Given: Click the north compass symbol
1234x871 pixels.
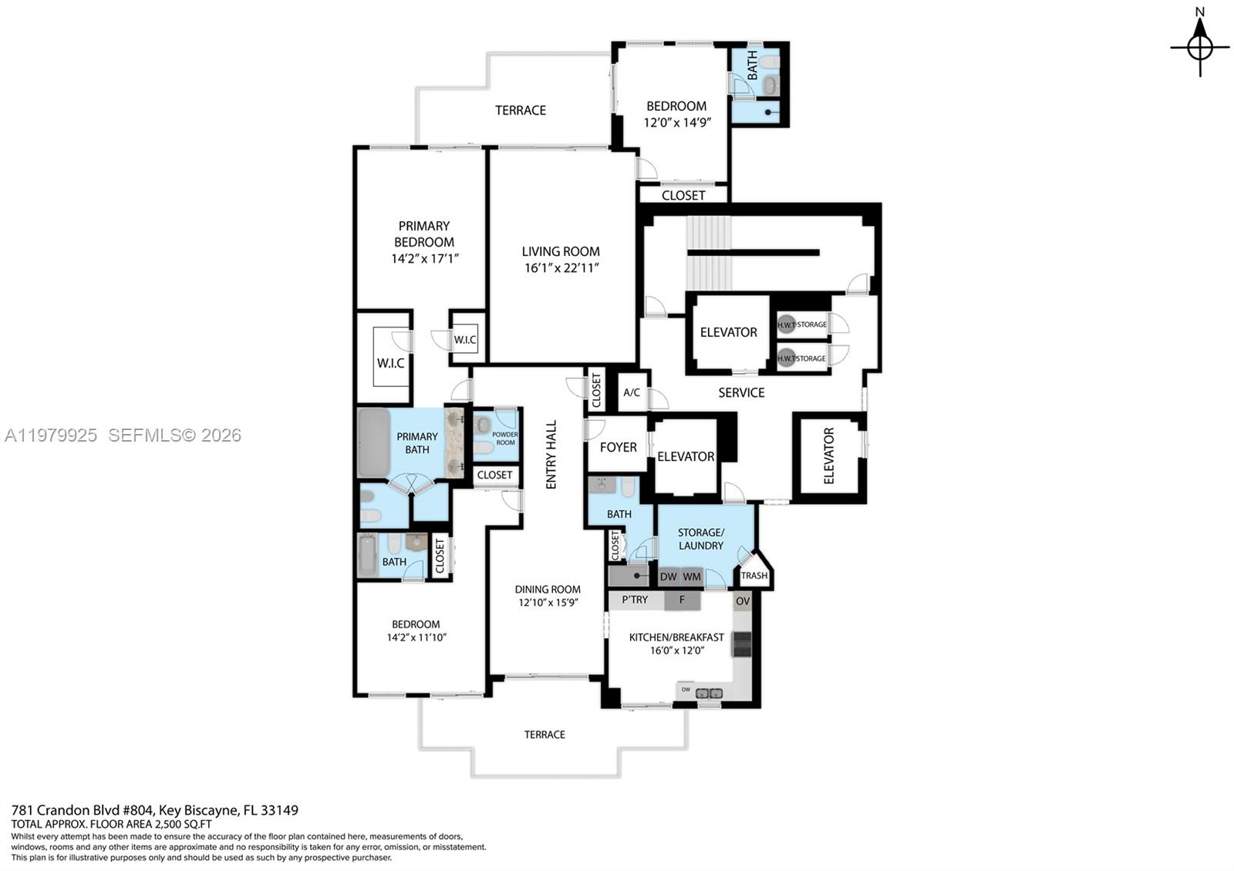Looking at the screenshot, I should (1199, 46).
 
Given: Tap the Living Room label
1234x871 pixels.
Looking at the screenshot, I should (561, 251).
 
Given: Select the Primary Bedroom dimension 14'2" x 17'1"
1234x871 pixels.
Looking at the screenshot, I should (424, 259).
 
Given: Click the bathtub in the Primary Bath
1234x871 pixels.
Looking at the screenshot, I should (374, 443).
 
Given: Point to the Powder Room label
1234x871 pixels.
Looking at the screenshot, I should (505, 439).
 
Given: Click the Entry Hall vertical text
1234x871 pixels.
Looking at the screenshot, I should (551, 455).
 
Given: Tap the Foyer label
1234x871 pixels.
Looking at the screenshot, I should (618, 447).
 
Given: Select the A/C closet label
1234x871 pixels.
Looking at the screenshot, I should (631, 392).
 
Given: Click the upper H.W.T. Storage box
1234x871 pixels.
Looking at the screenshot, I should (802, 324).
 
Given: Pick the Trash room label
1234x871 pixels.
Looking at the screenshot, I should (754, 576).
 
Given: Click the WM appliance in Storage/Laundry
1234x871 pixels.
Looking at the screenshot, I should (692, 577).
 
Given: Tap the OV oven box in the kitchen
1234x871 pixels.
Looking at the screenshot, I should (743, 601).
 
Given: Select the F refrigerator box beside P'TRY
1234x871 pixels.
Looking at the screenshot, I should (682, 600).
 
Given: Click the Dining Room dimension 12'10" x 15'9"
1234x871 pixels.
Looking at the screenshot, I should (548, 603).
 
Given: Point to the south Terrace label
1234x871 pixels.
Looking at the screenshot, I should (545, 735).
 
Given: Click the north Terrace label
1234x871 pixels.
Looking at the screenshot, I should (521, 110).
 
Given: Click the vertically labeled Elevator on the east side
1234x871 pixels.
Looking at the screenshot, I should (829, 456).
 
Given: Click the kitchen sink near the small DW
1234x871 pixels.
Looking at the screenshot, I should (709, 693).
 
